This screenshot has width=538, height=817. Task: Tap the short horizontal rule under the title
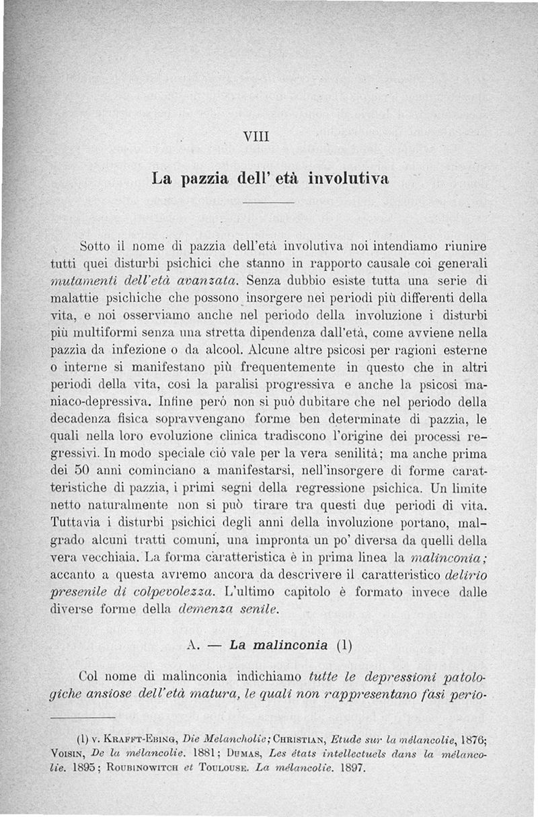(x=268, y=202)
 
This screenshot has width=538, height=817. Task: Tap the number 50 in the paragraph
(x=79, y=468)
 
